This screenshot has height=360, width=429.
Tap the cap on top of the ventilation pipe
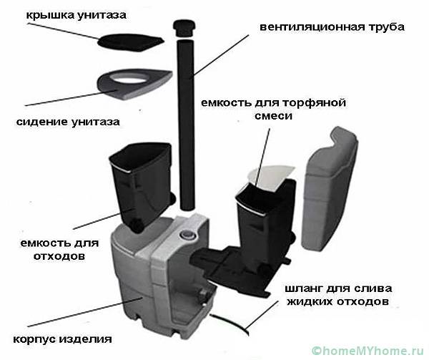[182, 28]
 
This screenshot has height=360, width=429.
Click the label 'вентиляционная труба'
[332, 27]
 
